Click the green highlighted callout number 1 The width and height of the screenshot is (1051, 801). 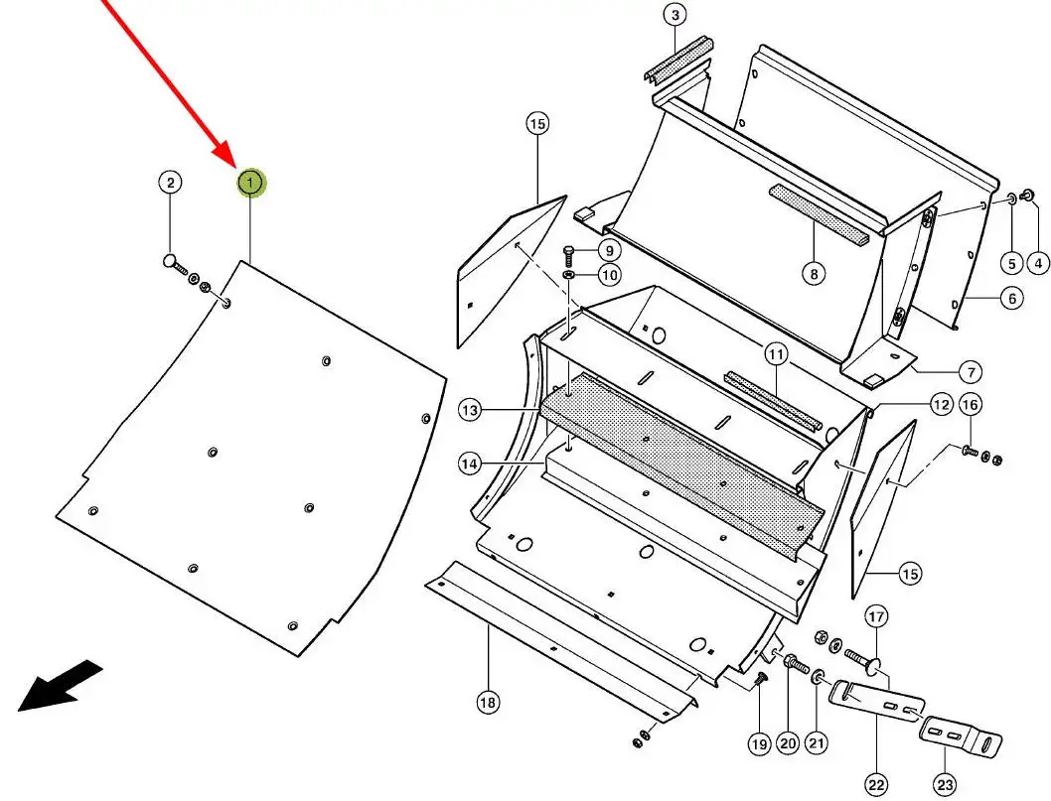tap(250, 183)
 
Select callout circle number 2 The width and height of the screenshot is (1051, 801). tap(170, 183)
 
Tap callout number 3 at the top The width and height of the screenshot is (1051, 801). tap(675, 15)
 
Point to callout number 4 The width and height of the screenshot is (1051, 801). tap(1037, 263)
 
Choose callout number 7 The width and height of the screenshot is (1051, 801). tap(969, 372)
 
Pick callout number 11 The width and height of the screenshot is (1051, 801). tap(775, 353)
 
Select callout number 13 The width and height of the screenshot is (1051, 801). tap(469, 410)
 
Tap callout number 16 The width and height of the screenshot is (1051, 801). tap(971, 404)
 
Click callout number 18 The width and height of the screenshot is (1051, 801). tap(487, 703)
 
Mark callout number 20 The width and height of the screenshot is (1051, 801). tap(788, 743)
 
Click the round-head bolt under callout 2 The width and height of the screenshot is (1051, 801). tap(175, 263)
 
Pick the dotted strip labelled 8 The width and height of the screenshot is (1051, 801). tap(818, 211)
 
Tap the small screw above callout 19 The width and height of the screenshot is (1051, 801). tap(759, 678)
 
